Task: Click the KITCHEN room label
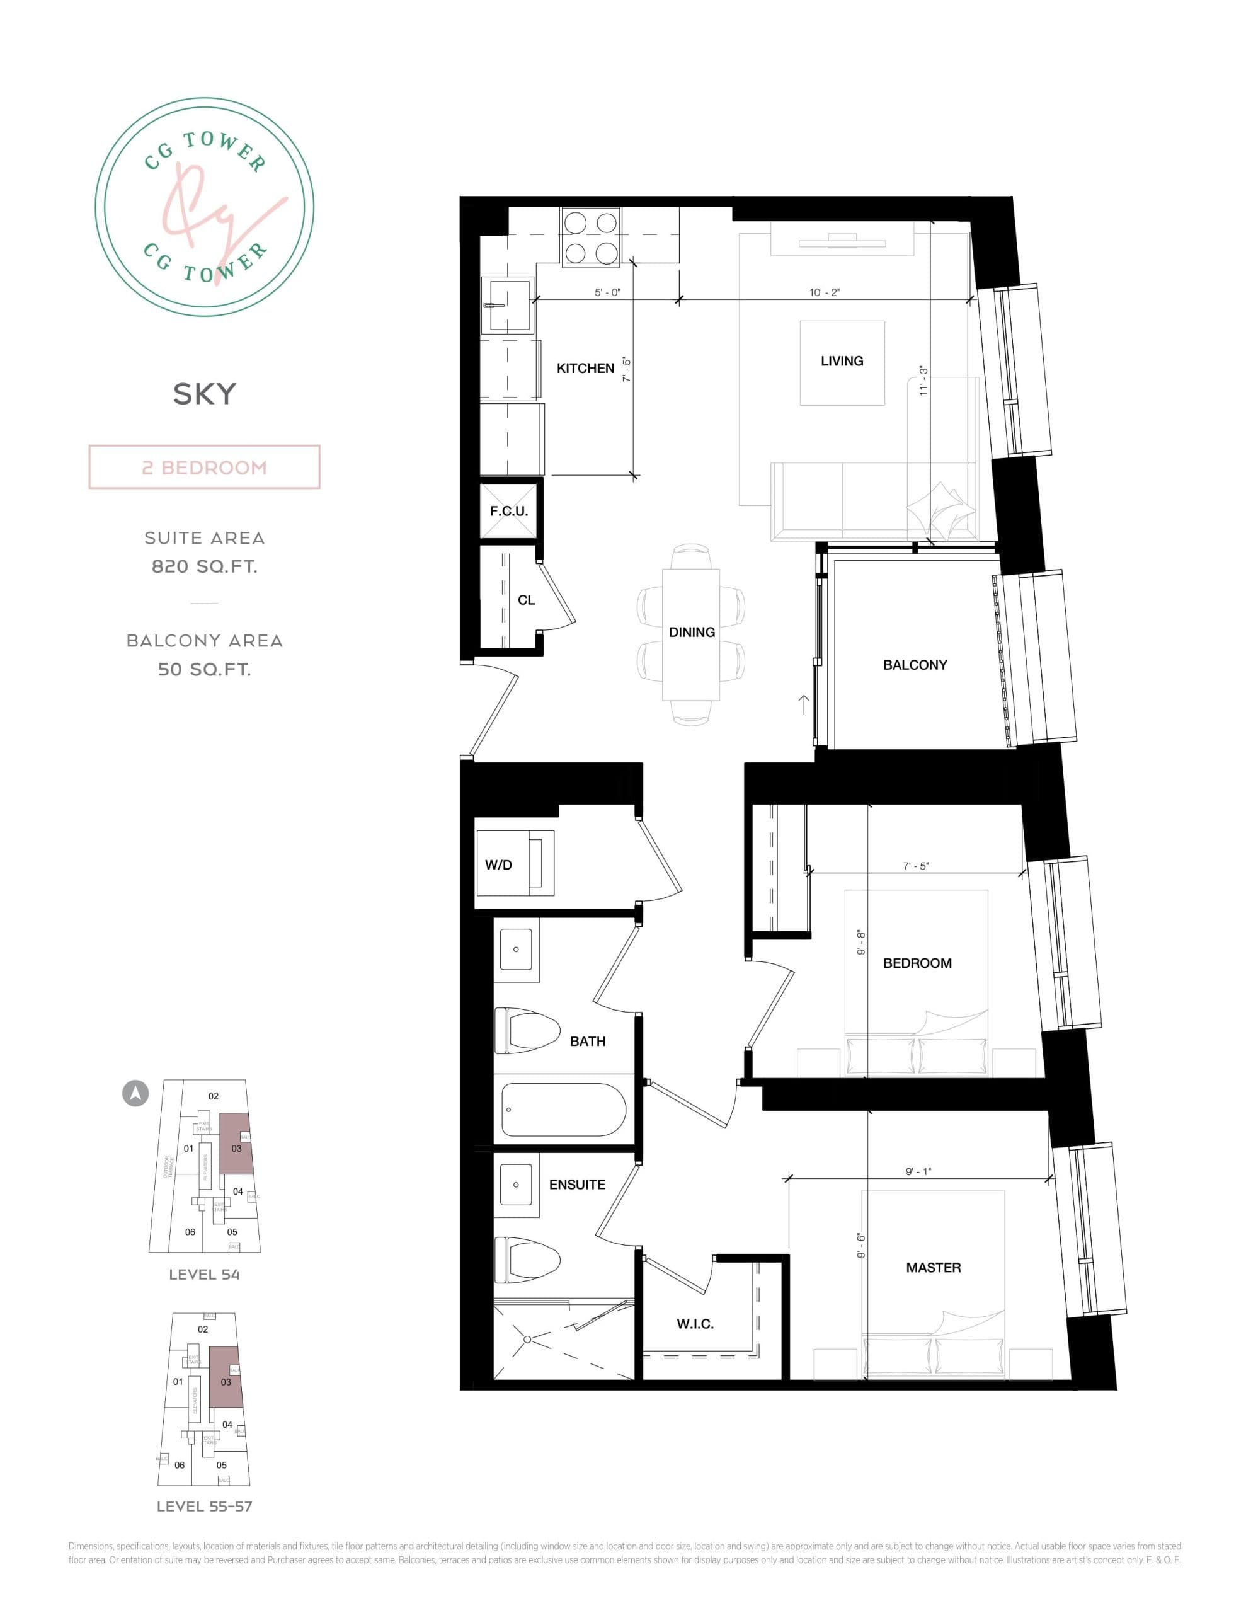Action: click(585, 368)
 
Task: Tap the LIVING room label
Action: click(841, 361)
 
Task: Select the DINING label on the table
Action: click(691, 632)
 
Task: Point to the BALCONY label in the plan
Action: click(915, 665)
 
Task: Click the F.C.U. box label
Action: click(509, 511)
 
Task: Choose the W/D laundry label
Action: click(498, 865)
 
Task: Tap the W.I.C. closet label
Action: click(695, 1324)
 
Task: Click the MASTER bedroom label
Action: click(933, 1267)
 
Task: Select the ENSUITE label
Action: click(577, 1185)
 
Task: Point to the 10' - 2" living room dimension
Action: click(825, 292)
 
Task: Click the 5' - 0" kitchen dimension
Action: click(607, 292)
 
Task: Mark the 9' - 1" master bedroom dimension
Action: click(918, 1171)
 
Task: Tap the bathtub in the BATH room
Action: click(564, 1110)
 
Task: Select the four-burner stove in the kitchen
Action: click(590, 238)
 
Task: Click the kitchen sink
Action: click(506, 304)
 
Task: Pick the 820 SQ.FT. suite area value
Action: click(205, 566)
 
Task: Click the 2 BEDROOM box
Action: click(205, 467)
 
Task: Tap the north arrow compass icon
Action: click(135, 1093)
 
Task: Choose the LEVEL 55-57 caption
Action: click(205, 1506)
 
